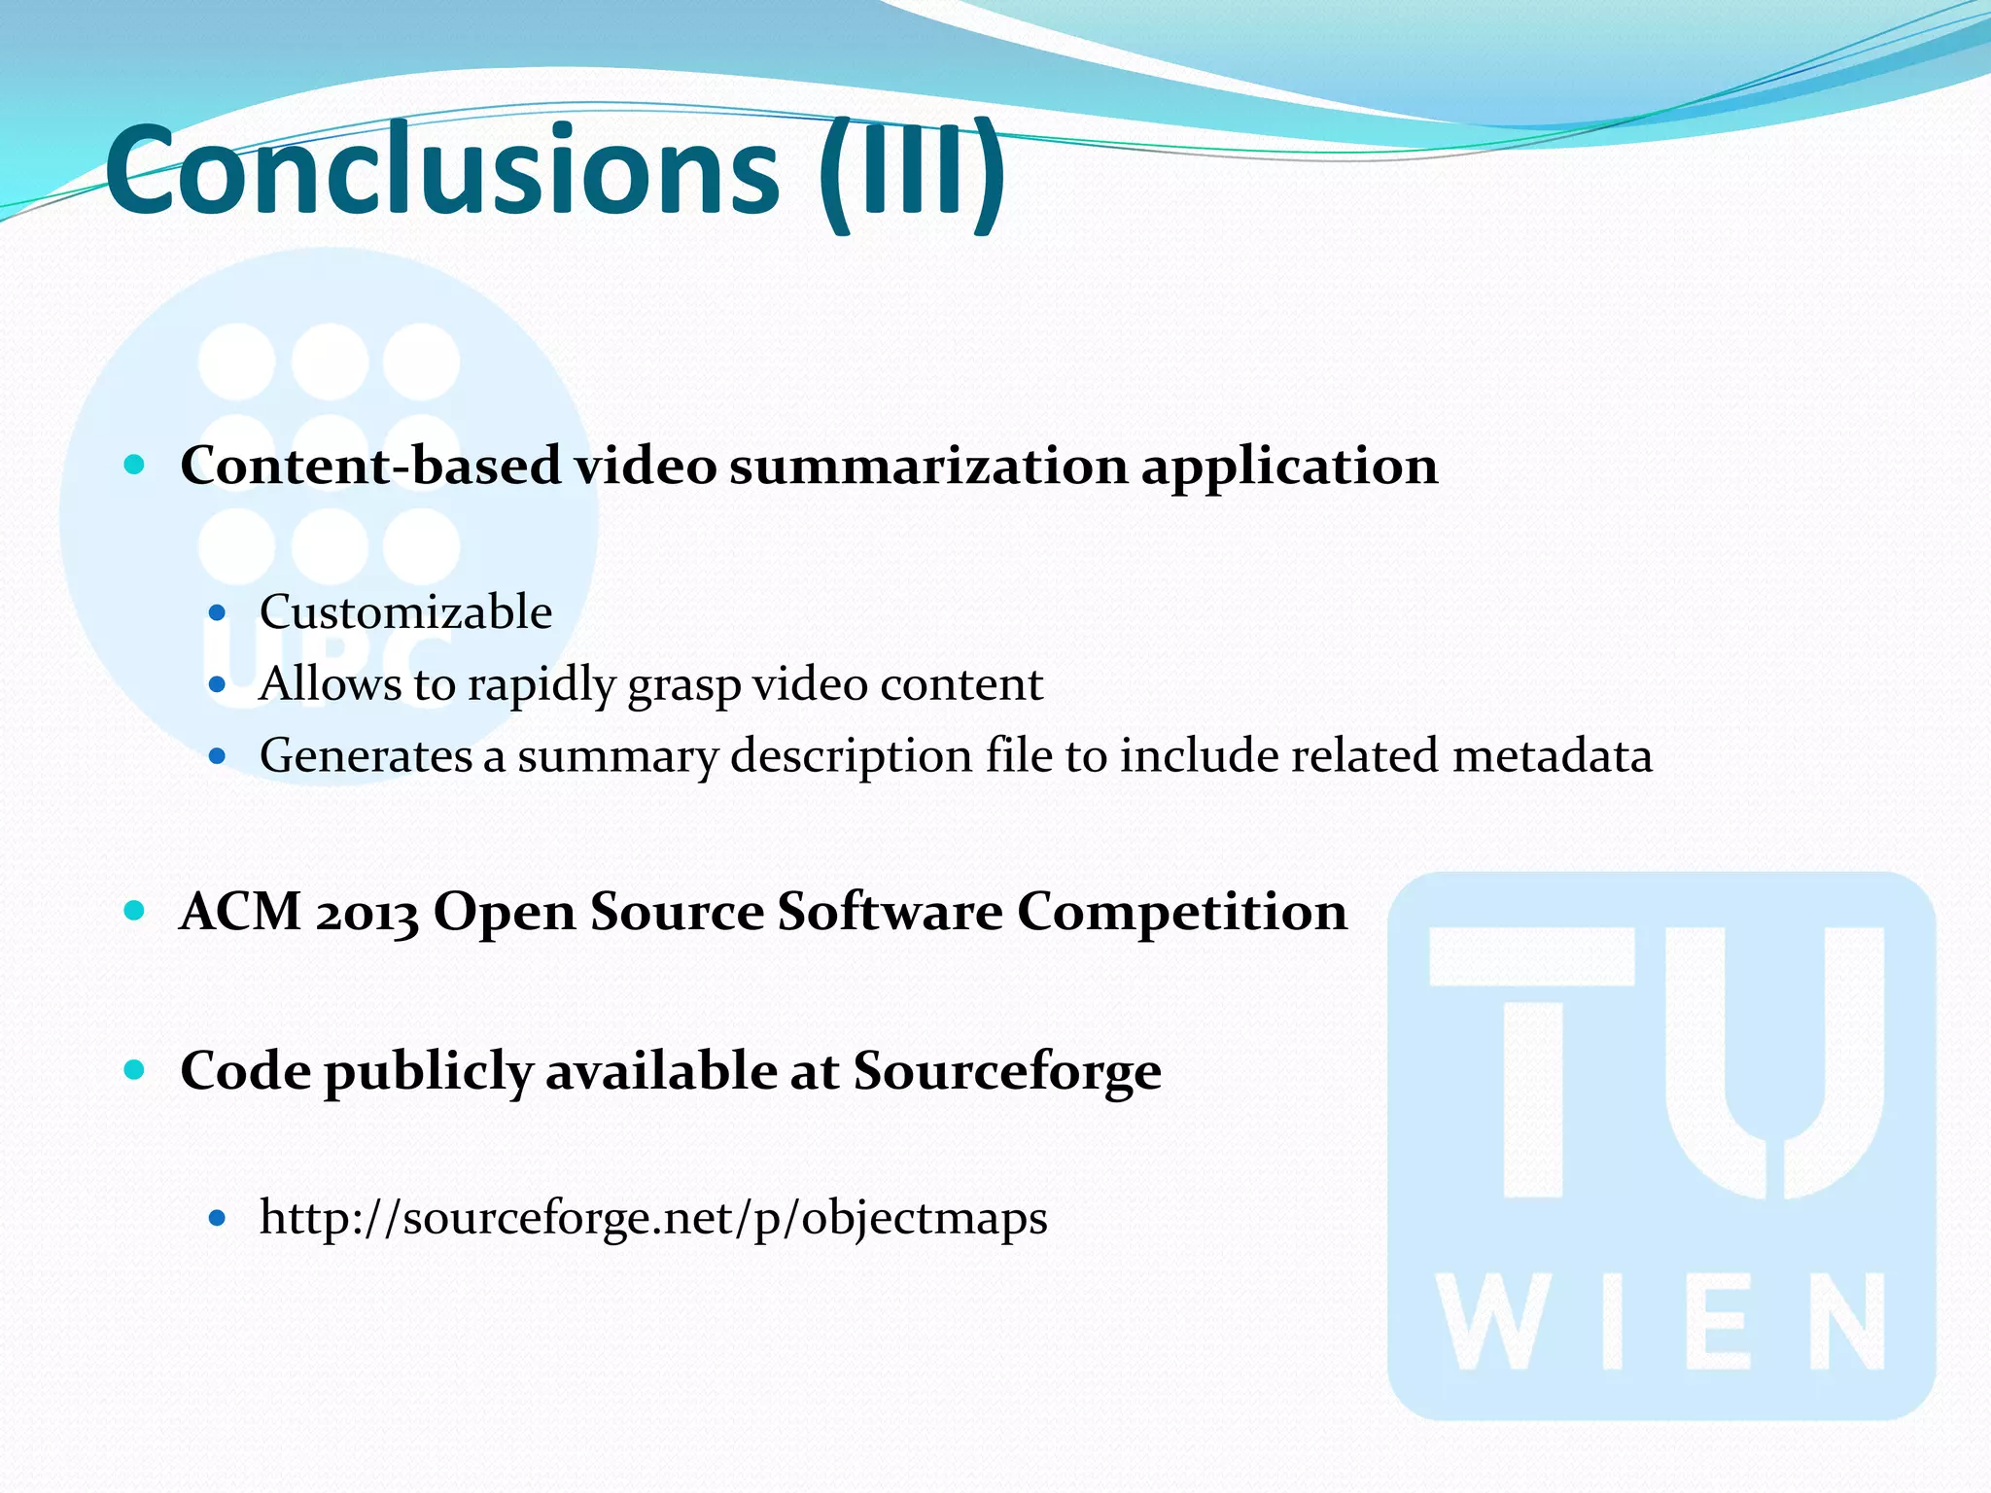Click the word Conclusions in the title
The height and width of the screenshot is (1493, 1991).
pos(442,171)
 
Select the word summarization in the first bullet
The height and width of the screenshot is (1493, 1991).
pos(928,466)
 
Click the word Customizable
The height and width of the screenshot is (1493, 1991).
pos(405,612)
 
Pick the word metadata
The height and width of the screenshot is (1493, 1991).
pos(1552,756)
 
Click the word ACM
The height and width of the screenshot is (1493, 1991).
pos(240,912)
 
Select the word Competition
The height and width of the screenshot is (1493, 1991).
pos(1182,912)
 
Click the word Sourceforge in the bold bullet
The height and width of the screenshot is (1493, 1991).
pos(1007,1071)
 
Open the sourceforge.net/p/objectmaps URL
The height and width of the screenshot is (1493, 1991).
pos(653,1218)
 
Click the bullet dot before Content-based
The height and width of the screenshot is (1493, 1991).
pos(135,465)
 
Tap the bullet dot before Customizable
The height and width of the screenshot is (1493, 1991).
pos(218,613)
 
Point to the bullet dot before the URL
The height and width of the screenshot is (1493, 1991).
pos(218,1217)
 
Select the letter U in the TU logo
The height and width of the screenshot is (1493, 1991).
pos(1774,1059)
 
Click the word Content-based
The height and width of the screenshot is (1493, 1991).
pos(370,466)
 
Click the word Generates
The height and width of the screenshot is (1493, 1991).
pos(366,756)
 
